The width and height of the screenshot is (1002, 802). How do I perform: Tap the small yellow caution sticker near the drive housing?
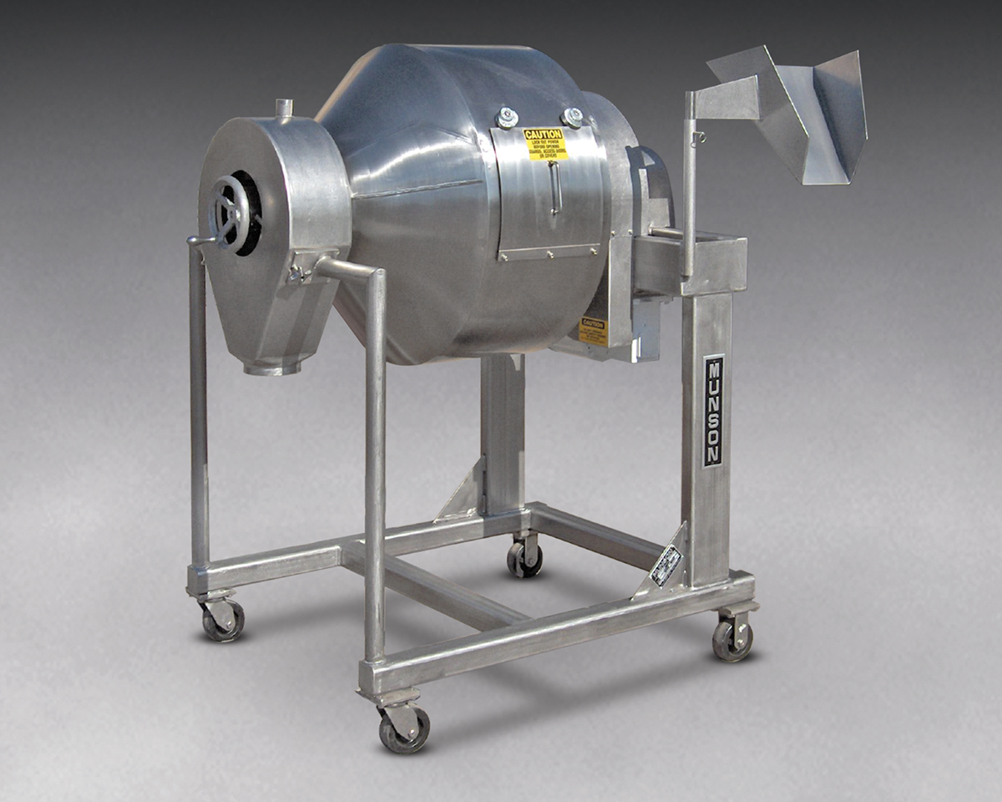[x=592, y=331]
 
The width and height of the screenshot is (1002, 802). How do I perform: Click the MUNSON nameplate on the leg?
[x=713, y=410]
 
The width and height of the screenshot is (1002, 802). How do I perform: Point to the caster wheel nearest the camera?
[x=404, y=727]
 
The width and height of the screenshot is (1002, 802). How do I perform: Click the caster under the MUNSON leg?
[x=732, y=638]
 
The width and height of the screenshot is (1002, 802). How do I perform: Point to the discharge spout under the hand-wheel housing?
[x=271, y=365]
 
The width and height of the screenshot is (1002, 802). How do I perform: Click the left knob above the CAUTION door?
[x=507, y=118]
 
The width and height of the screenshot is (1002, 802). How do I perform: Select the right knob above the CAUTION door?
[x=572, y=116]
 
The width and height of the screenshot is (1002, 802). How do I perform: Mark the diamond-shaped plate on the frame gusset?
[x=665, y=565]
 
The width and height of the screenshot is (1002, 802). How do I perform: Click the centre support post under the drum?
[x=503, y=434]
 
